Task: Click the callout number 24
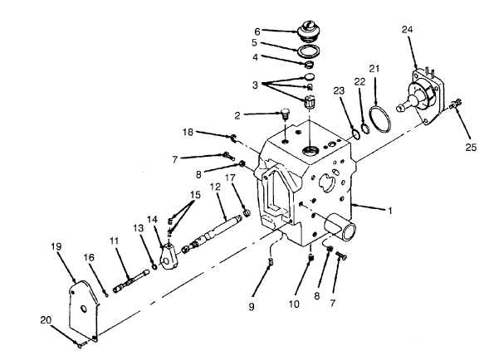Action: (408, 30)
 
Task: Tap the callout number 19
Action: (56, 246)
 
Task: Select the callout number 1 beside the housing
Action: (389, 211)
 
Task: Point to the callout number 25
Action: (471, 147)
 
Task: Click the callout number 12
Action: (215, 187)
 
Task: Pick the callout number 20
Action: (46, 320)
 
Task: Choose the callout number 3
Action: (255, 85)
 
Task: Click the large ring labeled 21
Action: (380, 119)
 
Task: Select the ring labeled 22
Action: (365, 128)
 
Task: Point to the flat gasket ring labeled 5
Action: (309, 51)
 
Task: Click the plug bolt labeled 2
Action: (285, 114)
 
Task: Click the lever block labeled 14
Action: (169, 255)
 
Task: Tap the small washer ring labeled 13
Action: (154, 267)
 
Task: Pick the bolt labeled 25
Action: (456, 105)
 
